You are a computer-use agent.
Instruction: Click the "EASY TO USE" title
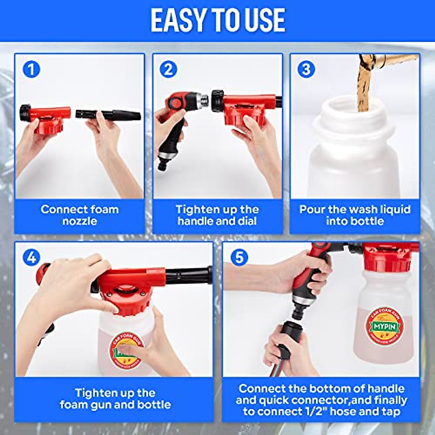coord(217,20)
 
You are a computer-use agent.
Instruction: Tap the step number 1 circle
coord(31,69)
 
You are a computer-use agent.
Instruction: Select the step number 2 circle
coord(168,69)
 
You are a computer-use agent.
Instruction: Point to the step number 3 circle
coord(306,69)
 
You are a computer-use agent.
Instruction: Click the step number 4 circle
coord(31,257)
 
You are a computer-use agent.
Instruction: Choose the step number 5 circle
coord(239,257)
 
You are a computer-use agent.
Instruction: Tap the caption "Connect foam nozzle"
coord(79,215)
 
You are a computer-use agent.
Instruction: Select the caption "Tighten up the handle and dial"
coord(217,215)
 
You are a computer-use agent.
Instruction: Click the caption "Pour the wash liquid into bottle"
coord(355,215)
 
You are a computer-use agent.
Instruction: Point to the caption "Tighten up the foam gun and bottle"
coord(115,399)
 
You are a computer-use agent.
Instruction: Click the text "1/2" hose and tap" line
coord(322,411)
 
